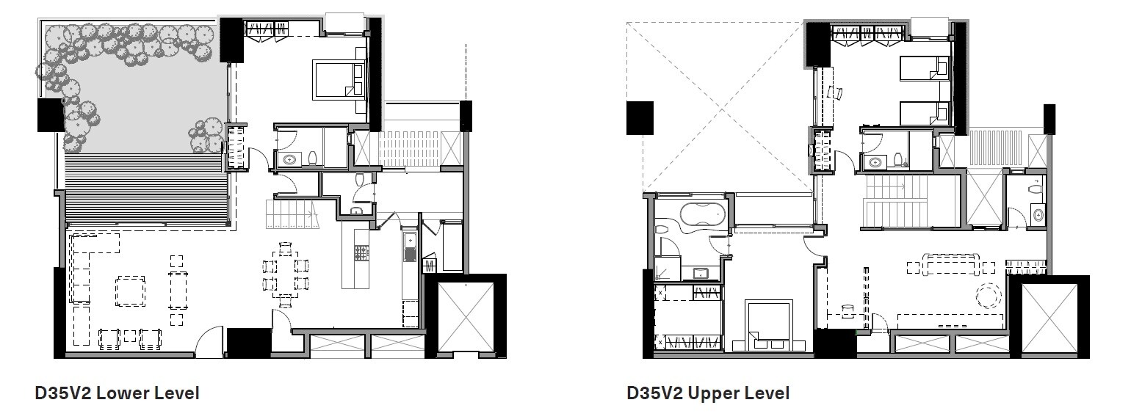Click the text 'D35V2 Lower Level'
[x=117, y=393]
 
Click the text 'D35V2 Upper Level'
[x=708, y=393]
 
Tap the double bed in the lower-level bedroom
[x=339, y=79]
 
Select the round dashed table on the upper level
[x=988, y=296]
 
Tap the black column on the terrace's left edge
[x=51, y=115]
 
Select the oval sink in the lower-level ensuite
[x=288, y=159]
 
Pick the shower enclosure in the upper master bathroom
[x=669, y=268]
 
